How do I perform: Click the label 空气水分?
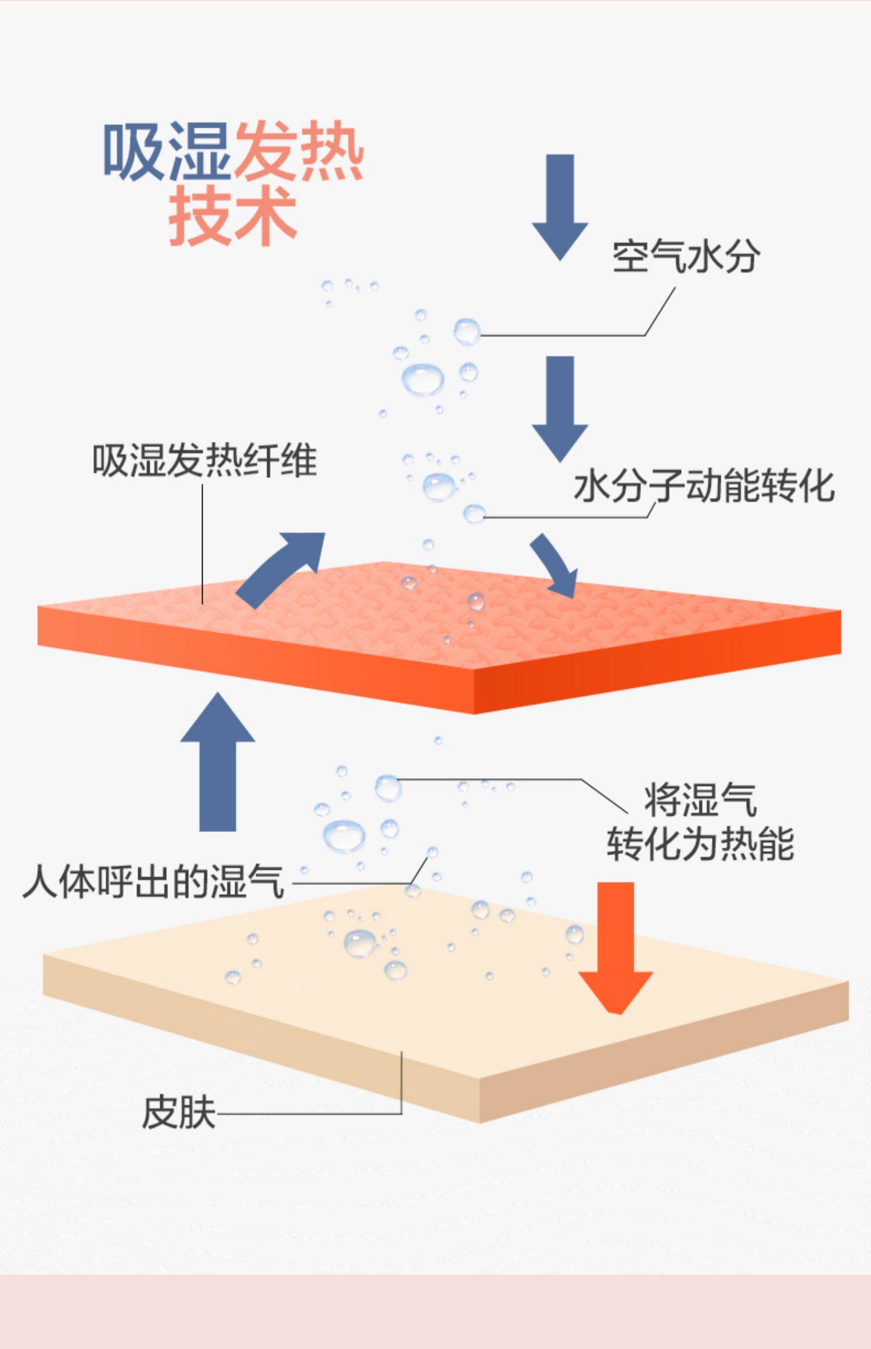686,256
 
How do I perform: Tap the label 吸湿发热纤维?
204,461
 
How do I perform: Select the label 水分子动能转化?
704,486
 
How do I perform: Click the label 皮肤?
179,1113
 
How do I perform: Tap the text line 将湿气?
700,799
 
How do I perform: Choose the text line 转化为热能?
700,844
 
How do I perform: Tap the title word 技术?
232,216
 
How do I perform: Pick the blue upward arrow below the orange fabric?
218,761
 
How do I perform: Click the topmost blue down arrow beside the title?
560,206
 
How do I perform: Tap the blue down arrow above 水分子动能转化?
560,407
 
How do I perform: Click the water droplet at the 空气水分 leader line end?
467,332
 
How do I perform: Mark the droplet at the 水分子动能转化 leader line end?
474,514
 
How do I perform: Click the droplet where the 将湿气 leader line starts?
387,787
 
